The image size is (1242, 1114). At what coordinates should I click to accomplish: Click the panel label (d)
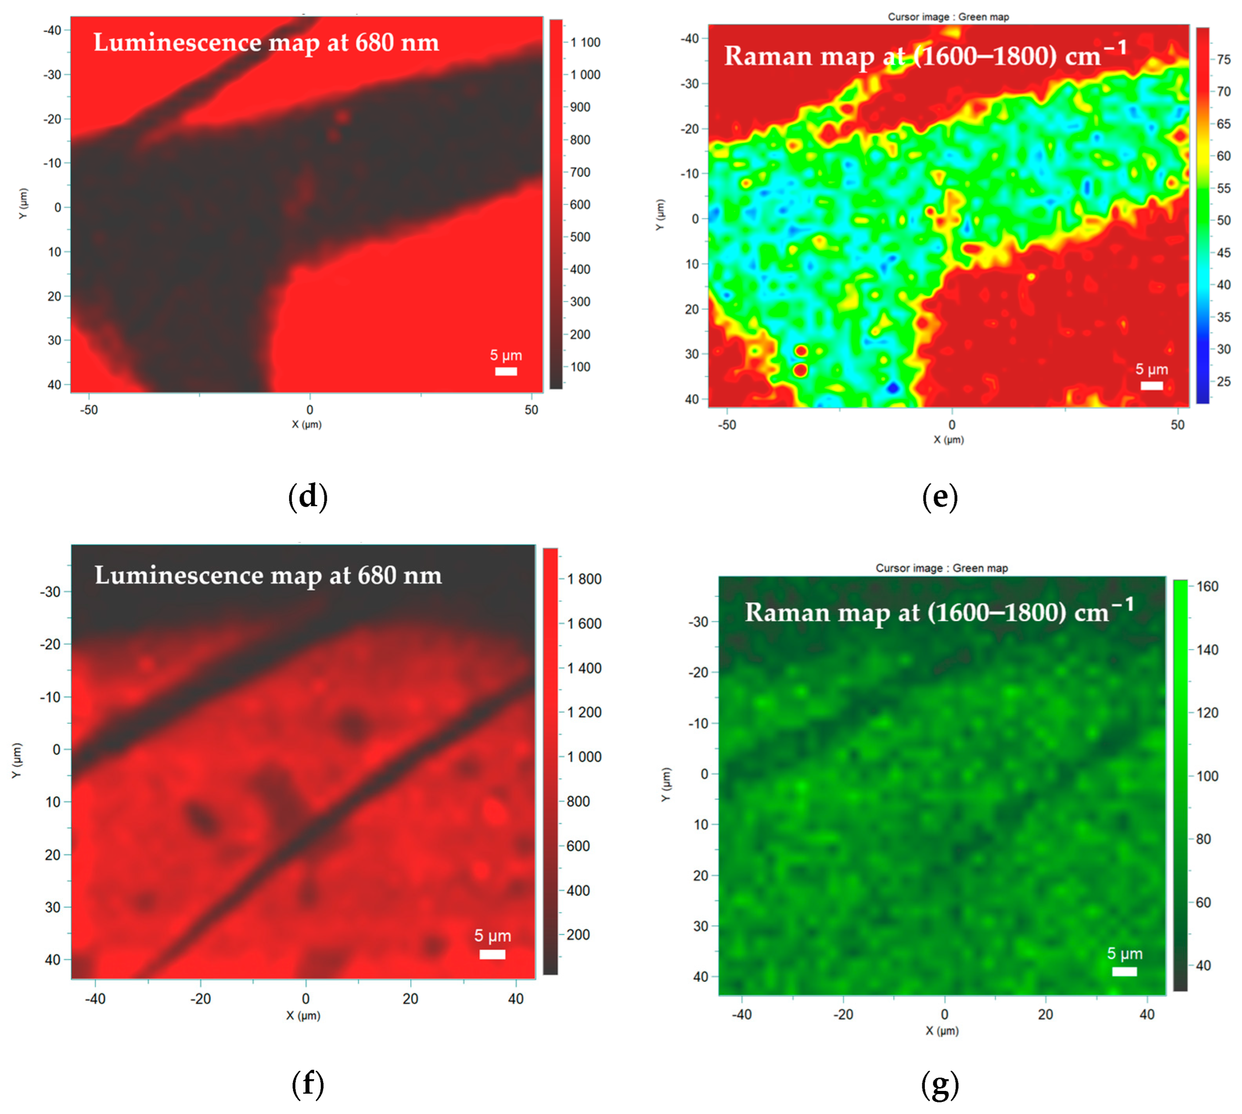(x=308, y=496)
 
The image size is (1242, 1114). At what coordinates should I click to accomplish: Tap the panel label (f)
(x=308, y=1084)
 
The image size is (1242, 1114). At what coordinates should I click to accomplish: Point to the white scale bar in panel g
(x=1124, y=971)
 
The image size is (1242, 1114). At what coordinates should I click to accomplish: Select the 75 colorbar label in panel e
(x=1224, y=60)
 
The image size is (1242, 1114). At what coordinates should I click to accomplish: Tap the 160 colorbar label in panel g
(x=1207, y=586)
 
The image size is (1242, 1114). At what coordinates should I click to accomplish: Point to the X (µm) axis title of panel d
(x=306, y=425)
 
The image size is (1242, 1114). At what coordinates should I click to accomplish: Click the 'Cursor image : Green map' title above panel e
(x=948, y=17)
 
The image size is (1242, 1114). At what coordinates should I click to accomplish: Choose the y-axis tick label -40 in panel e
(x=690, y=39)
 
